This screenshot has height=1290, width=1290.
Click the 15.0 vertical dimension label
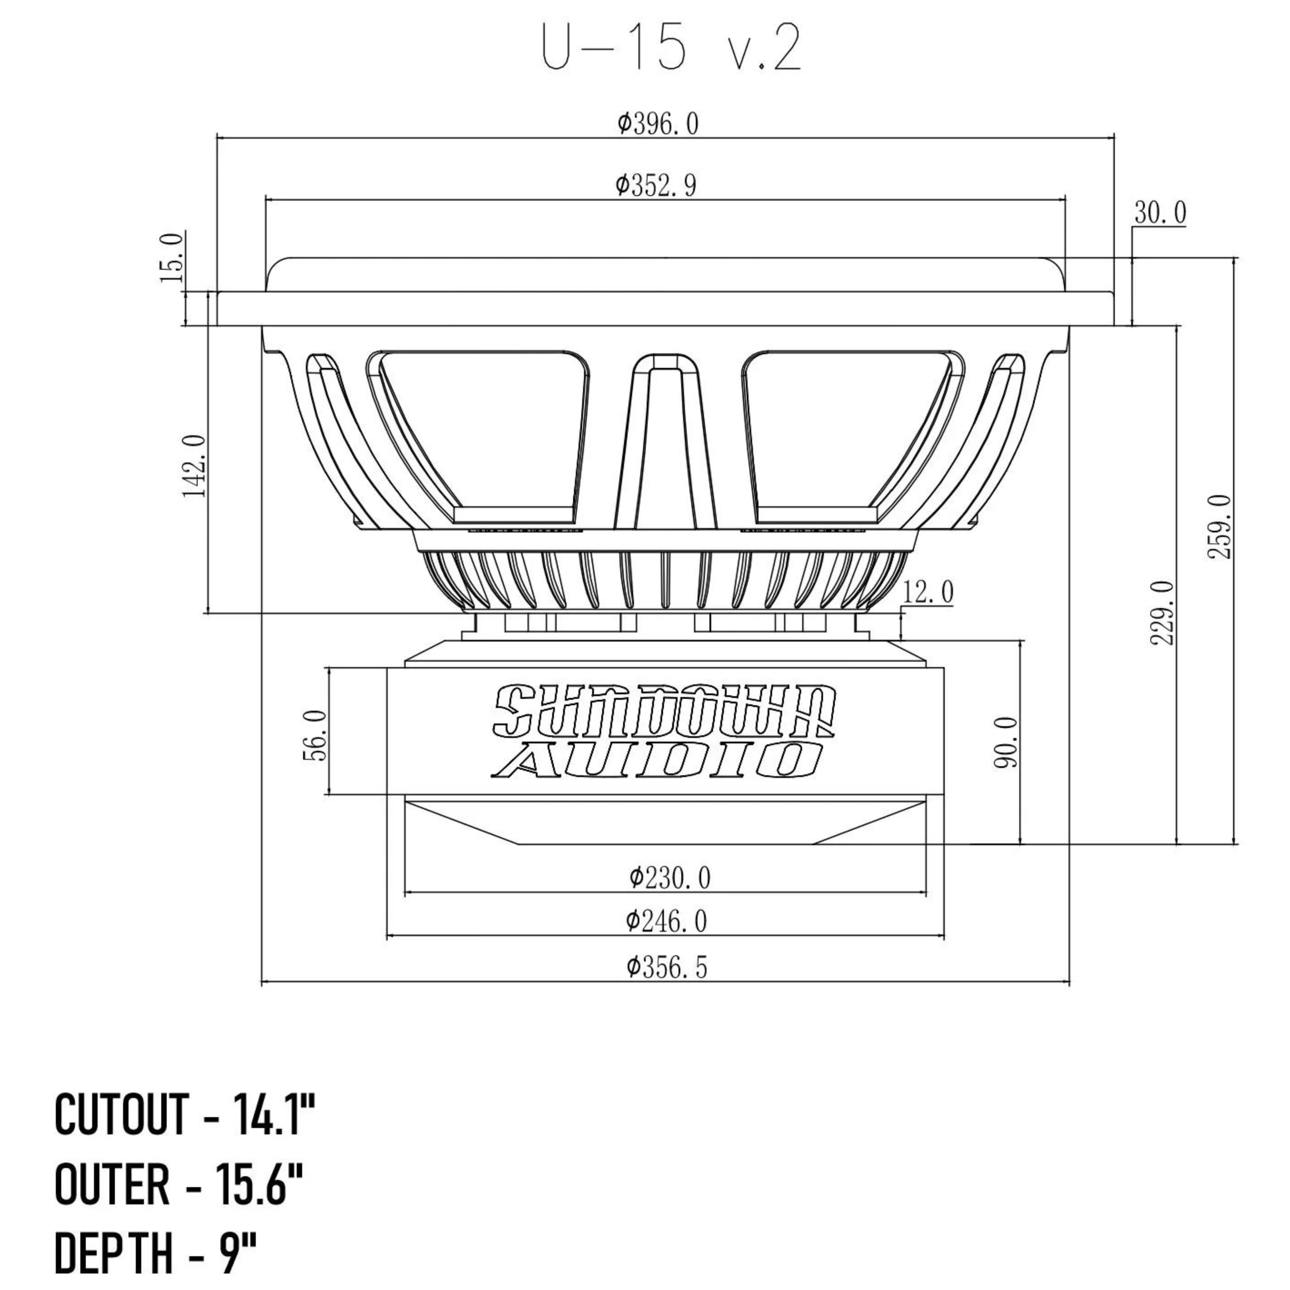pyautogui.click(x=172, y=258)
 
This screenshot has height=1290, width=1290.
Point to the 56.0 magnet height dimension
pyautogui.click(x=316, y=734)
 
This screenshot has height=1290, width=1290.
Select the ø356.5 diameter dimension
pyautogui.click(x=666, y=967)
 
